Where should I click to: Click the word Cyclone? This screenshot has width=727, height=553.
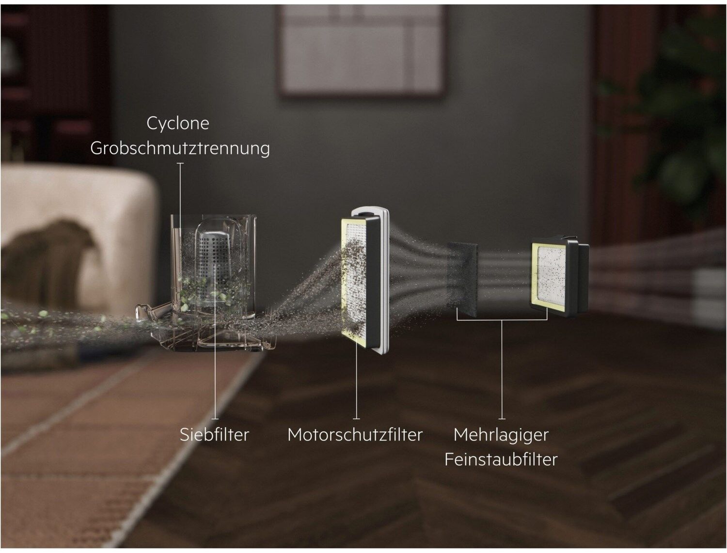[178, 124]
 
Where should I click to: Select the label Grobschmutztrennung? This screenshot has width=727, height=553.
[180, 148]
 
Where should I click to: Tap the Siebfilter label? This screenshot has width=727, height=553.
[214, 434]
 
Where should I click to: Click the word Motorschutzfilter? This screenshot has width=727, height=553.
[355, 434]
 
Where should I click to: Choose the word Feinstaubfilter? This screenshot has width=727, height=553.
[501, 459]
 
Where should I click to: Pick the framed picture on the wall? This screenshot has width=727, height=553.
[361, 49]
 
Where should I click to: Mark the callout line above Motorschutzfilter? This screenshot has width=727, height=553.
[356, 381]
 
